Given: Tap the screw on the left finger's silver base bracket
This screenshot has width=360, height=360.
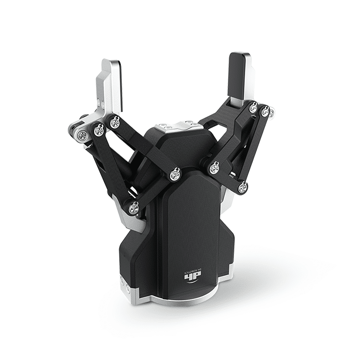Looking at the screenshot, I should (83, 135).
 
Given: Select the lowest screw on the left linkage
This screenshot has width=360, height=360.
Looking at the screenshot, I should (133, 208).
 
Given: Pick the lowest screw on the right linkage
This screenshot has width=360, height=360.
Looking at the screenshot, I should (242, 188).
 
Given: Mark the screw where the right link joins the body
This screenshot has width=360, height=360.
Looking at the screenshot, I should (214, 168).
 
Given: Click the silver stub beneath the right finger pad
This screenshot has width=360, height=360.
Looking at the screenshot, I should (237, 102).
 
